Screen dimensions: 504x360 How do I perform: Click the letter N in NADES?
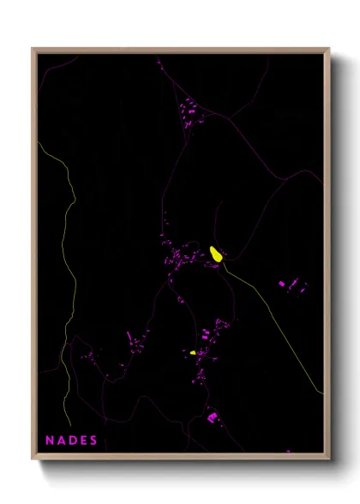[49, 441]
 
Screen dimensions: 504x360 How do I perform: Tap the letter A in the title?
[60, 441]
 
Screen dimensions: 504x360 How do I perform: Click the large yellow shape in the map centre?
[217, 255]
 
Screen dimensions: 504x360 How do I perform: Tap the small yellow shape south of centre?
[194, 351]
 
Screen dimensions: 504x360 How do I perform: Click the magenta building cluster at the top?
[188, 112]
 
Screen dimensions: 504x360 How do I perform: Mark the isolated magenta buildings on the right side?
[292, 285]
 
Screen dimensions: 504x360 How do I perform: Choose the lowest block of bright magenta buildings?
[212, 417]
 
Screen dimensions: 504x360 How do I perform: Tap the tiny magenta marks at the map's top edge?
[159, 61]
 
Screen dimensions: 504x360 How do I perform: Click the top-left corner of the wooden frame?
[33, 49]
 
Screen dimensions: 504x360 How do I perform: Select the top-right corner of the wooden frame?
[328, 49]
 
